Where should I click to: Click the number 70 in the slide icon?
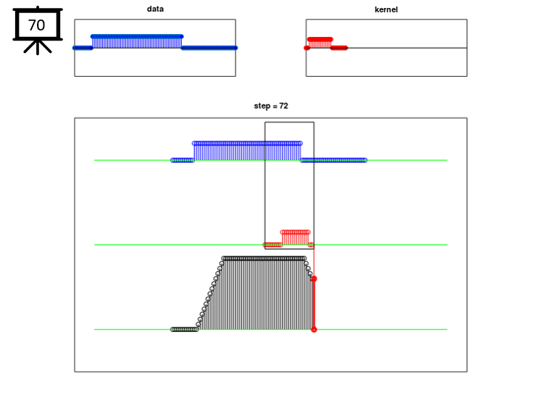(36, 25)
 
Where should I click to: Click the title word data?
(155, 9)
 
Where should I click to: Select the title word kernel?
(386, 9)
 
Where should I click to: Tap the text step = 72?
(271, 106)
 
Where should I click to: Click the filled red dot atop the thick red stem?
(314, 279)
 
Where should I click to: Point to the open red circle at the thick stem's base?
(314, 330)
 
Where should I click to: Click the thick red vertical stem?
(314, 304)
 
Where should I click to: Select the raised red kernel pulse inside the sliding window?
(296, 238)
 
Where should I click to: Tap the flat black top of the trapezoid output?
(264, 259)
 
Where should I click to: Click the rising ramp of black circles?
(210, 293)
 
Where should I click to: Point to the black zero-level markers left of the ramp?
(185, 330)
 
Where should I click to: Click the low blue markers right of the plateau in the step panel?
(334, 160)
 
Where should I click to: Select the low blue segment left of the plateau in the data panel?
(83, 48)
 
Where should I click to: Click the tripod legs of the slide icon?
(38, 46)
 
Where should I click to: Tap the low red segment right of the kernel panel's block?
(339, 48)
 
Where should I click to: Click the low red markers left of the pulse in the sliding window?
(273, 245)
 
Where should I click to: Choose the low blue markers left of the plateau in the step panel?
(183, 160)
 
